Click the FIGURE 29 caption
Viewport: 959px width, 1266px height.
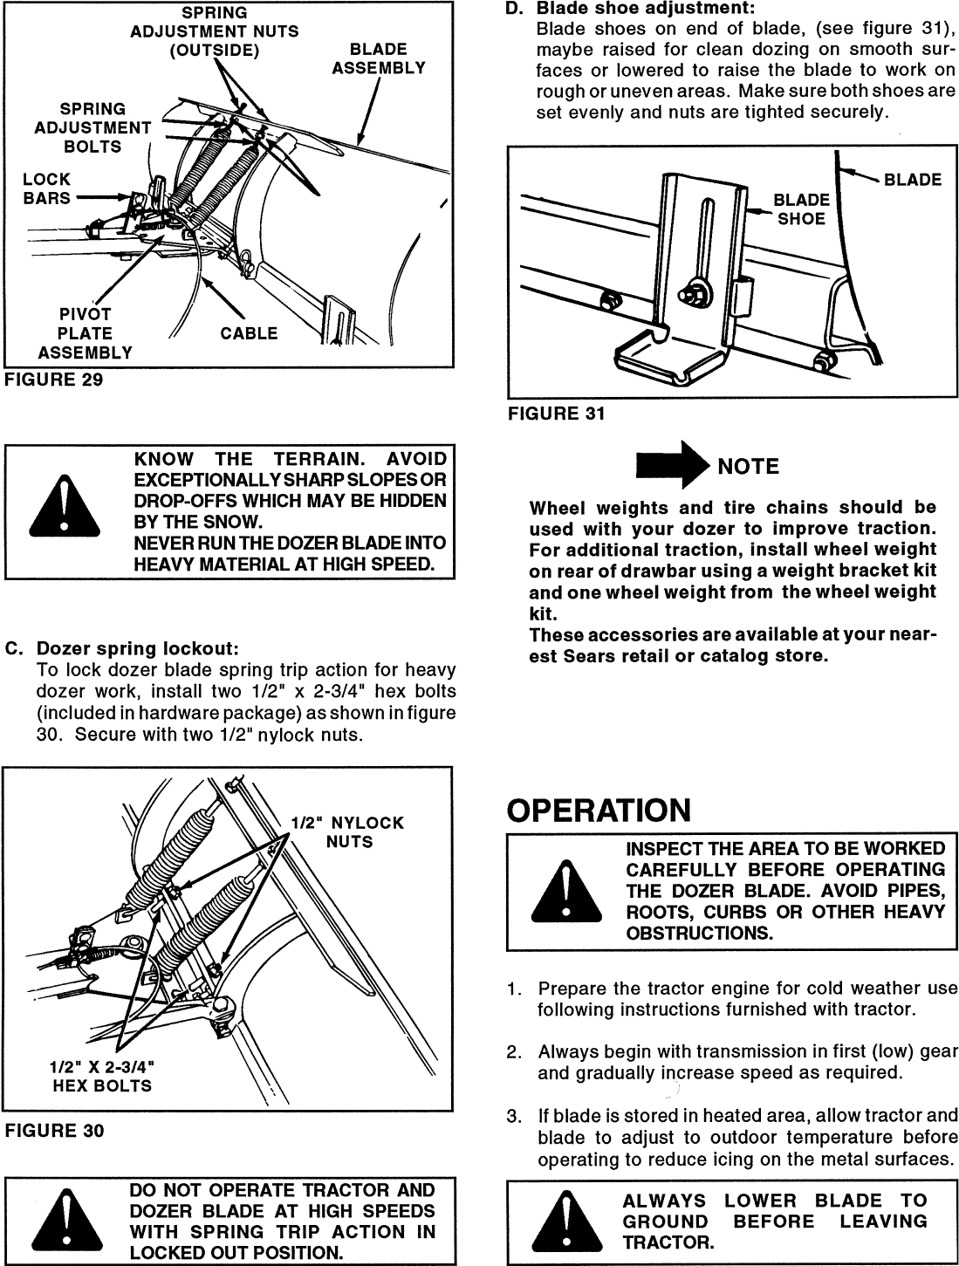pos(54,380)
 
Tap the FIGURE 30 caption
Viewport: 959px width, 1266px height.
pos(54,1131)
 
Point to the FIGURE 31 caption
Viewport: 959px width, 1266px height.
pos(557,414)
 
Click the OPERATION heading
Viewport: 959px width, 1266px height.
pos(599,811)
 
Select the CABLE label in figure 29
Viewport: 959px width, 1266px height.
pos(249,333)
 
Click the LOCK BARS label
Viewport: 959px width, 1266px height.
pos(47,188)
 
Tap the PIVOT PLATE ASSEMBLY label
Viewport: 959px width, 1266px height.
pos(85,333)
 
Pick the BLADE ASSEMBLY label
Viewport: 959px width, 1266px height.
pos(378,58)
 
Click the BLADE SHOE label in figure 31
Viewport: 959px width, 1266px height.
pos(801,209)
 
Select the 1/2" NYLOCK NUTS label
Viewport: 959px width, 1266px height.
pos(348,832)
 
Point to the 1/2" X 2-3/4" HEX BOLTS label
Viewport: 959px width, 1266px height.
pos(102,1076)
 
